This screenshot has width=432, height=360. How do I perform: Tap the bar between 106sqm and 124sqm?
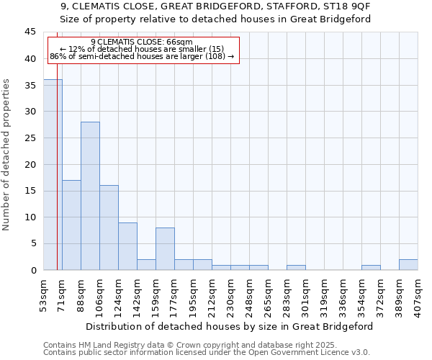109,228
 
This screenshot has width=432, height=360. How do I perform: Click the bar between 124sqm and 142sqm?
127,246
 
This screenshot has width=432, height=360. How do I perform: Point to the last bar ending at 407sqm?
408,265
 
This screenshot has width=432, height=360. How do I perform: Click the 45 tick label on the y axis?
30,32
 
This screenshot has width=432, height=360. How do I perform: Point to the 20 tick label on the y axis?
30,164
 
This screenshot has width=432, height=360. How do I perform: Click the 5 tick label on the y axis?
32,243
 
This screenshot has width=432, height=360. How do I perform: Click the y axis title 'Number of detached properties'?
7,155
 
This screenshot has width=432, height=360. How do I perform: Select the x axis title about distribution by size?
230,326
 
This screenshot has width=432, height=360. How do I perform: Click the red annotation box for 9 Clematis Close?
143,50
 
